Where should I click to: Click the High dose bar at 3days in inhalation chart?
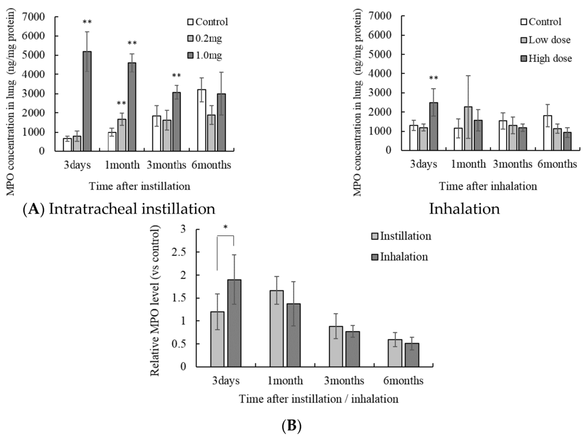pos(434,126)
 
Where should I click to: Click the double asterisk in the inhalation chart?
pos(434,78)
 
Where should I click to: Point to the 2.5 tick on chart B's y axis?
pos(183,252)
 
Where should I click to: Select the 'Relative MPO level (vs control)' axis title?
pos(156,300)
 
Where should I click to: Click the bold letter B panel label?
pos(296,426)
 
